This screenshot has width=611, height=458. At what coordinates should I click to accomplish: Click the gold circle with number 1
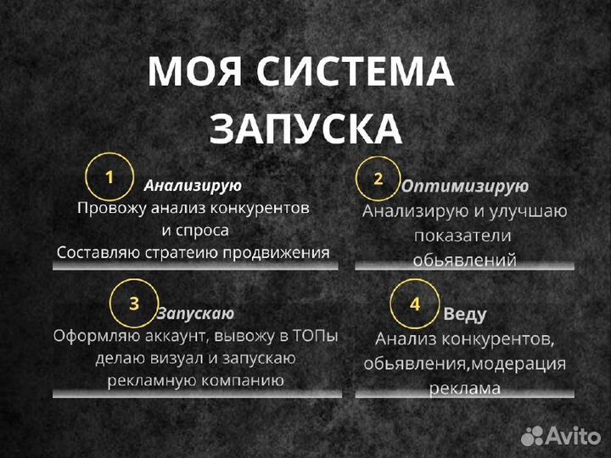tap(109, 176)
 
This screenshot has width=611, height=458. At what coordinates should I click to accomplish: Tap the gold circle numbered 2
tap(378, 178)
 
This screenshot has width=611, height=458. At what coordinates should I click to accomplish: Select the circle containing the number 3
tap(134, 304)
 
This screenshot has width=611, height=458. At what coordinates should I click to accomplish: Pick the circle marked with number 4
tap(415, 304)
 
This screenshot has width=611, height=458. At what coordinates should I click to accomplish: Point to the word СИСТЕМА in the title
tap(356, 72)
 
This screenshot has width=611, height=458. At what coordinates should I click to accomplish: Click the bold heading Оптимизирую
tap(464, 186)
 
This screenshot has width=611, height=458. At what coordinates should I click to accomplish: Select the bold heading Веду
tap(465, 314)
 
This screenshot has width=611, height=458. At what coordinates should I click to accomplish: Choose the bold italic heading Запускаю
tap(195, 313)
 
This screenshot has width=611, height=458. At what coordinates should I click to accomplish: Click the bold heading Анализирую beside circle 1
tap(193, 185)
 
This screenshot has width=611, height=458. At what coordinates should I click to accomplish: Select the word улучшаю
tap(526, 210)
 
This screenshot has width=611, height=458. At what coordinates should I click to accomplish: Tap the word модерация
tap(519, 363)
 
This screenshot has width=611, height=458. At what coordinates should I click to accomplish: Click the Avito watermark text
tap(572, 436)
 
